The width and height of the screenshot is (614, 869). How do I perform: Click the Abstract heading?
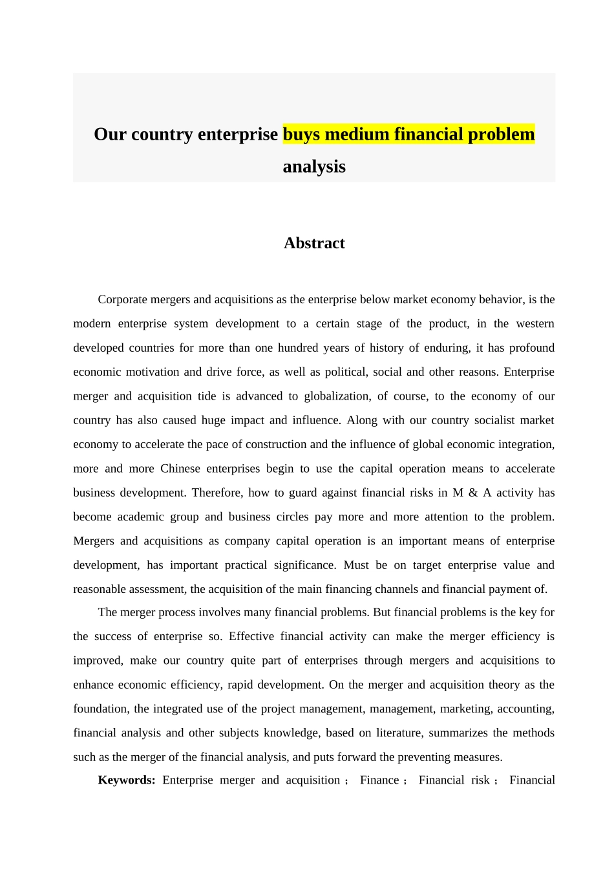(x=314, y=243)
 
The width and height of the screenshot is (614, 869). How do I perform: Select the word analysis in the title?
(x=314, y=167)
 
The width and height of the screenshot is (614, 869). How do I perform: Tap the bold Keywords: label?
(x=127, y=780)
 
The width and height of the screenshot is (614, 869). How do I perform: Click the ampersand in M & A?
(x=473, y=493)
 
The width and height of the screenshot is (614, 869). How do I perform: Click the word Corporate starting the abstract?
(x=122, y=299)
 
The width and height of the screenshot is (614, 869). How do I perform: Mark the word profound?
(x=531, y=348)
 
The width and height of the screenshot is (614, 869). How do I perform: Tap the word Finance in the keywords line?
(x=379, y=780)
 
